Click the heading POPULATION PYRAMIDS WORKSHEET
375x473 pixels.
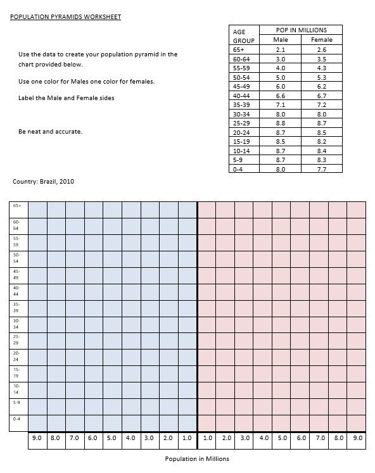pyautogui.click(x=66, y=16)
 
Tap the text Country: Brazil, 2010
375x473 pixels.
pyautogui.click(x=43, y=182)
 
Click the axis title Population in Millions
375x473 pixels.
pyautogui.click(x=197, y=458)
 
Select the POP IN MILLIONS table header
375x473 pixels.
pyautogui.click(x=302, y=30)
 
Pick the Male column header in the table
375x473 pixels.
pyautogui.click(x=281, y=39)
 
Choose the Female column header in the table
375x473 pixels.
pyautogui.click(x=321, y=39)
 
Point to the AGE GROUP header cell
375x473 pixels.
pyautogui.click(x=244, y=35)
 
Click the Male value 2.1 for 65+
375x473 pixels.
pyautogui.click(x=281, y=49)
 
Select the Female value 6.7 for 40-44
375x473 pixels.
pyautogui.click(x=321, y=96)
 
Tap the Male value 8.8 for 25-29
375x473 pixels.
pyautogui.click(x=281, y=123)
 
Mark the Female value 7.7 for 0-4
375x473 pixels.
pyautogui.click(x=321, y=169)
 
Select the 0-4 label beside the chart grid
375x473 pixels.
pyautogui.click(x=16, y=419)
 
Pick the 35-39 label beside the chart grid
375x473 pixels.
pyautogui.click(x=16, y=307)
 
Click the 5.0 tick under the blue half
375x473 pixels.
pyautogui.click(x=111, y=438)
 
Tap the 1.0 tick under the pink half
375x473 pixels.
pyautogui.click(x=208, y=438)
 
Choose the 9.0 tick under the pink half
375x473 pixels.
pyautogui.click(x=358, y=438)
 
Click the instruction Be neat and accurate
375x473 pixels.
pyautogui.click(x=51, y=132)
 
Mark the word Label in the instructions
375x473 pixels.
pyautogui.click(x=27, y=98)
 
